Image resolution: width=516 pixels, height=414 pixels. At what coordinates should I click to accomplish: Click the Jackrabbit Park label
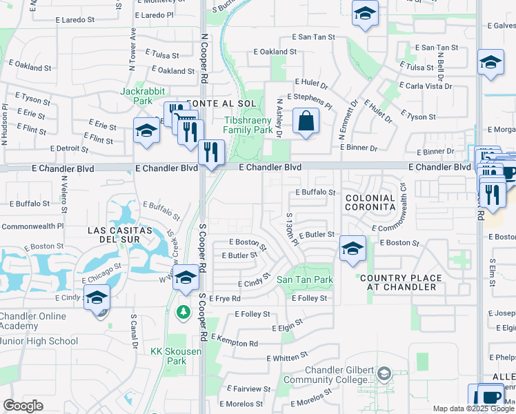[x=135, y=96]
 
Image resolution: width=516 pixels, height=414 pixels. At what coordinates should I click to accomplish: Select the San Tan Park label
[x=305, y=279]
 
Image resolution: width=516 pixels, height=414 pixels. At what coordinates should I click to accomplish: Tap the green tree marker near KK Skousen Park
[x=183, y=313]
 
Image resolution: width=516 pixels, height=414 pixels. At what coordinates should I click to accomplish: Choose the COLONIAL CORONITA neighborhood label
[x=370, y=203]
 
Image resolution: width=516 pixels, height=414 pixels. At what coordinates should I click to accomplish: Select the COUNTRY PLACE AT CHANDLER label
[x=401, y=282]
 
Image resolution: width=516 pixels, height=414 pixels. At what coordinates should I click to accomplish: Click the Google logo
[x=23, y=406]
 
